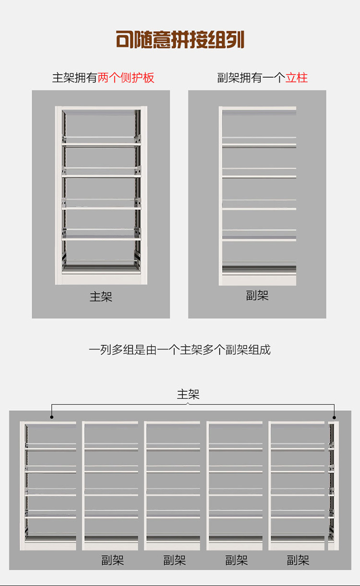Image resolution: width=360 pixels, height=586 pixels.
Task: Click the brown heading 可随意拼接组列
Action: tap(180, 40)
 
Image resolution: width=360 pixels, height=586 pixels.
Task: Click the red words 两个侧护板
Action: tap(126, 78)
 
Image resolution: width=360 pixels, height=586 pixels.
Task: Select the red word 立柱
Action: tap(297, 78)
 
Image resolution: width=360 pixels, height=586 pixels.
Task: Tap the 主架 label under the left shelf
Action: tap(101, 297)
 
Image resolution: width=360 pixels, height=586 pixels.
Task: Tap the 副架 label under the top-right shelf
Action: tap(257, 296)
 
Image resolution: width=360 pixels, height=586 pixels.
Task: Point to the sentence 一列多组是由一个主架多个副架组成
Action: tap(180, 350)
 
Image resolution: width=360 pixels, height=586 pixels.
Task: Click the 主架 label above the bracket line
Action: tap(188, 395)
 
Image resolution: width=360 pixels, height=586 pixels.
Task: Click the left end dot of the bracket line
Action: tap(52, 417)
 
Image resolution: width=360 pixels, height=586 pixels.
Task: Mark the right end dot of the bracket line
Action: tap(335, 417)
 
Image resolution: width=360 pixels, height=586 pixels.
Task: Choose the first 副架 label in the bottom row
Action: tap(113, 560)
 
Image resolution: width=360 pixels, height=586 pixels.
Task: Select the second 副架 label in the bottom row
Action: tap(175, 560)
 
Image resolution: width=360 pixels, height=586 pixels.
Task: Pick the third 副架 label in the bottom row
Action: tap(237, 560)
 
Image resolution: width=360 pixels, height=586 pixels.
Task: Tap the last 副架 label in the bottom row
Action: tap(298, 560)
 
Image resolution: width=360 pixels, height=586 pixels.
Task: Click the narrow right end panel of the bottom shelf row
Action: tap(334, 485)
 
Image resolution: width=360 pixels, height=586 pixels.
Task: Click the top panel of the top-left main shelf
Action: tap(101, 108)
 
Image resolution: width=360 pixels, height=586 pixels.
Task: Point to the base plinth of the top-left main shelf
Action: tap(101, 278)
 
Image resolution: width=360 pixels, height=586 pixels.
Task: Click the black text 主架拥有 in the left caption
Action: tap(75, 78)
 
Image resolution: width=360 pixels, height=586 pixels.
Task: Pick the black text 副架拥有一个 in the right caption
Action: tap(251, 78)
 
